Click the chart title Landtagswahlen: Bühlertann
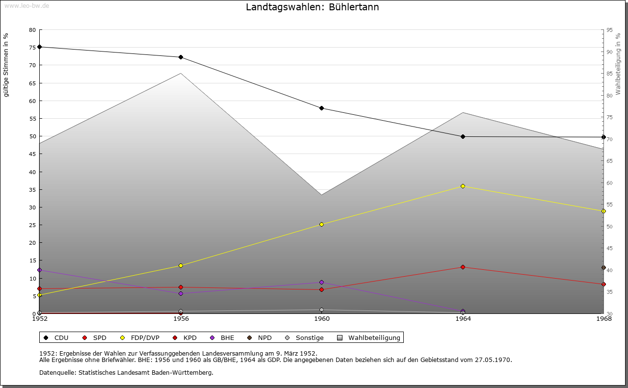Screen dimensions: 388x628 tap(312, 7)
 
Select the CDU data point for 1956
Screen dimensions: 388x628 tap(181, 57)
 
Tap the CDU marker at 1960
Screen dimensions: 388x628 tap(321, 108)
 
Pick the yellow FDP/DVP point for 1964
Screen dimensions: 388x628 tap(463, 186)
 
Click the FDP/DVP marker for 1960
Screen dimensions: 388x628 tap(321, 225)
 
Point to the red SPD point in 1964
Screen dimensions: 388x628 tap(463, 267)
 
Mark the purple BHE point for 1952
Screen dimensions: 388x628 tap(40, 270)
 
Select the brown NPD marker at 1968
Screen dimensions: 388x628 tap(603, 268)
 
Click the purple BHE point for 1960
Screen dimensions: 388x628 tap(321, 283)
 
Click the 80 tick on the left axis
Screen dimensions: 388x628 tap(32, 30)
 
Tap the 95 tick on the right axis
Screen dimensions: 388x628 tap(609, 30)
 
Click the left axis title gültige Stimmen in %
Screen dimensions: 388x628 tap(6, 65)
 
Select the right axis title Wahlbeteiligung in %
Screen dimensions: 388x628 tap(618, 64)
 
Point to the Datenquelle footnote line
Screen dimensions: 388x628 tap(126, 373)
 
